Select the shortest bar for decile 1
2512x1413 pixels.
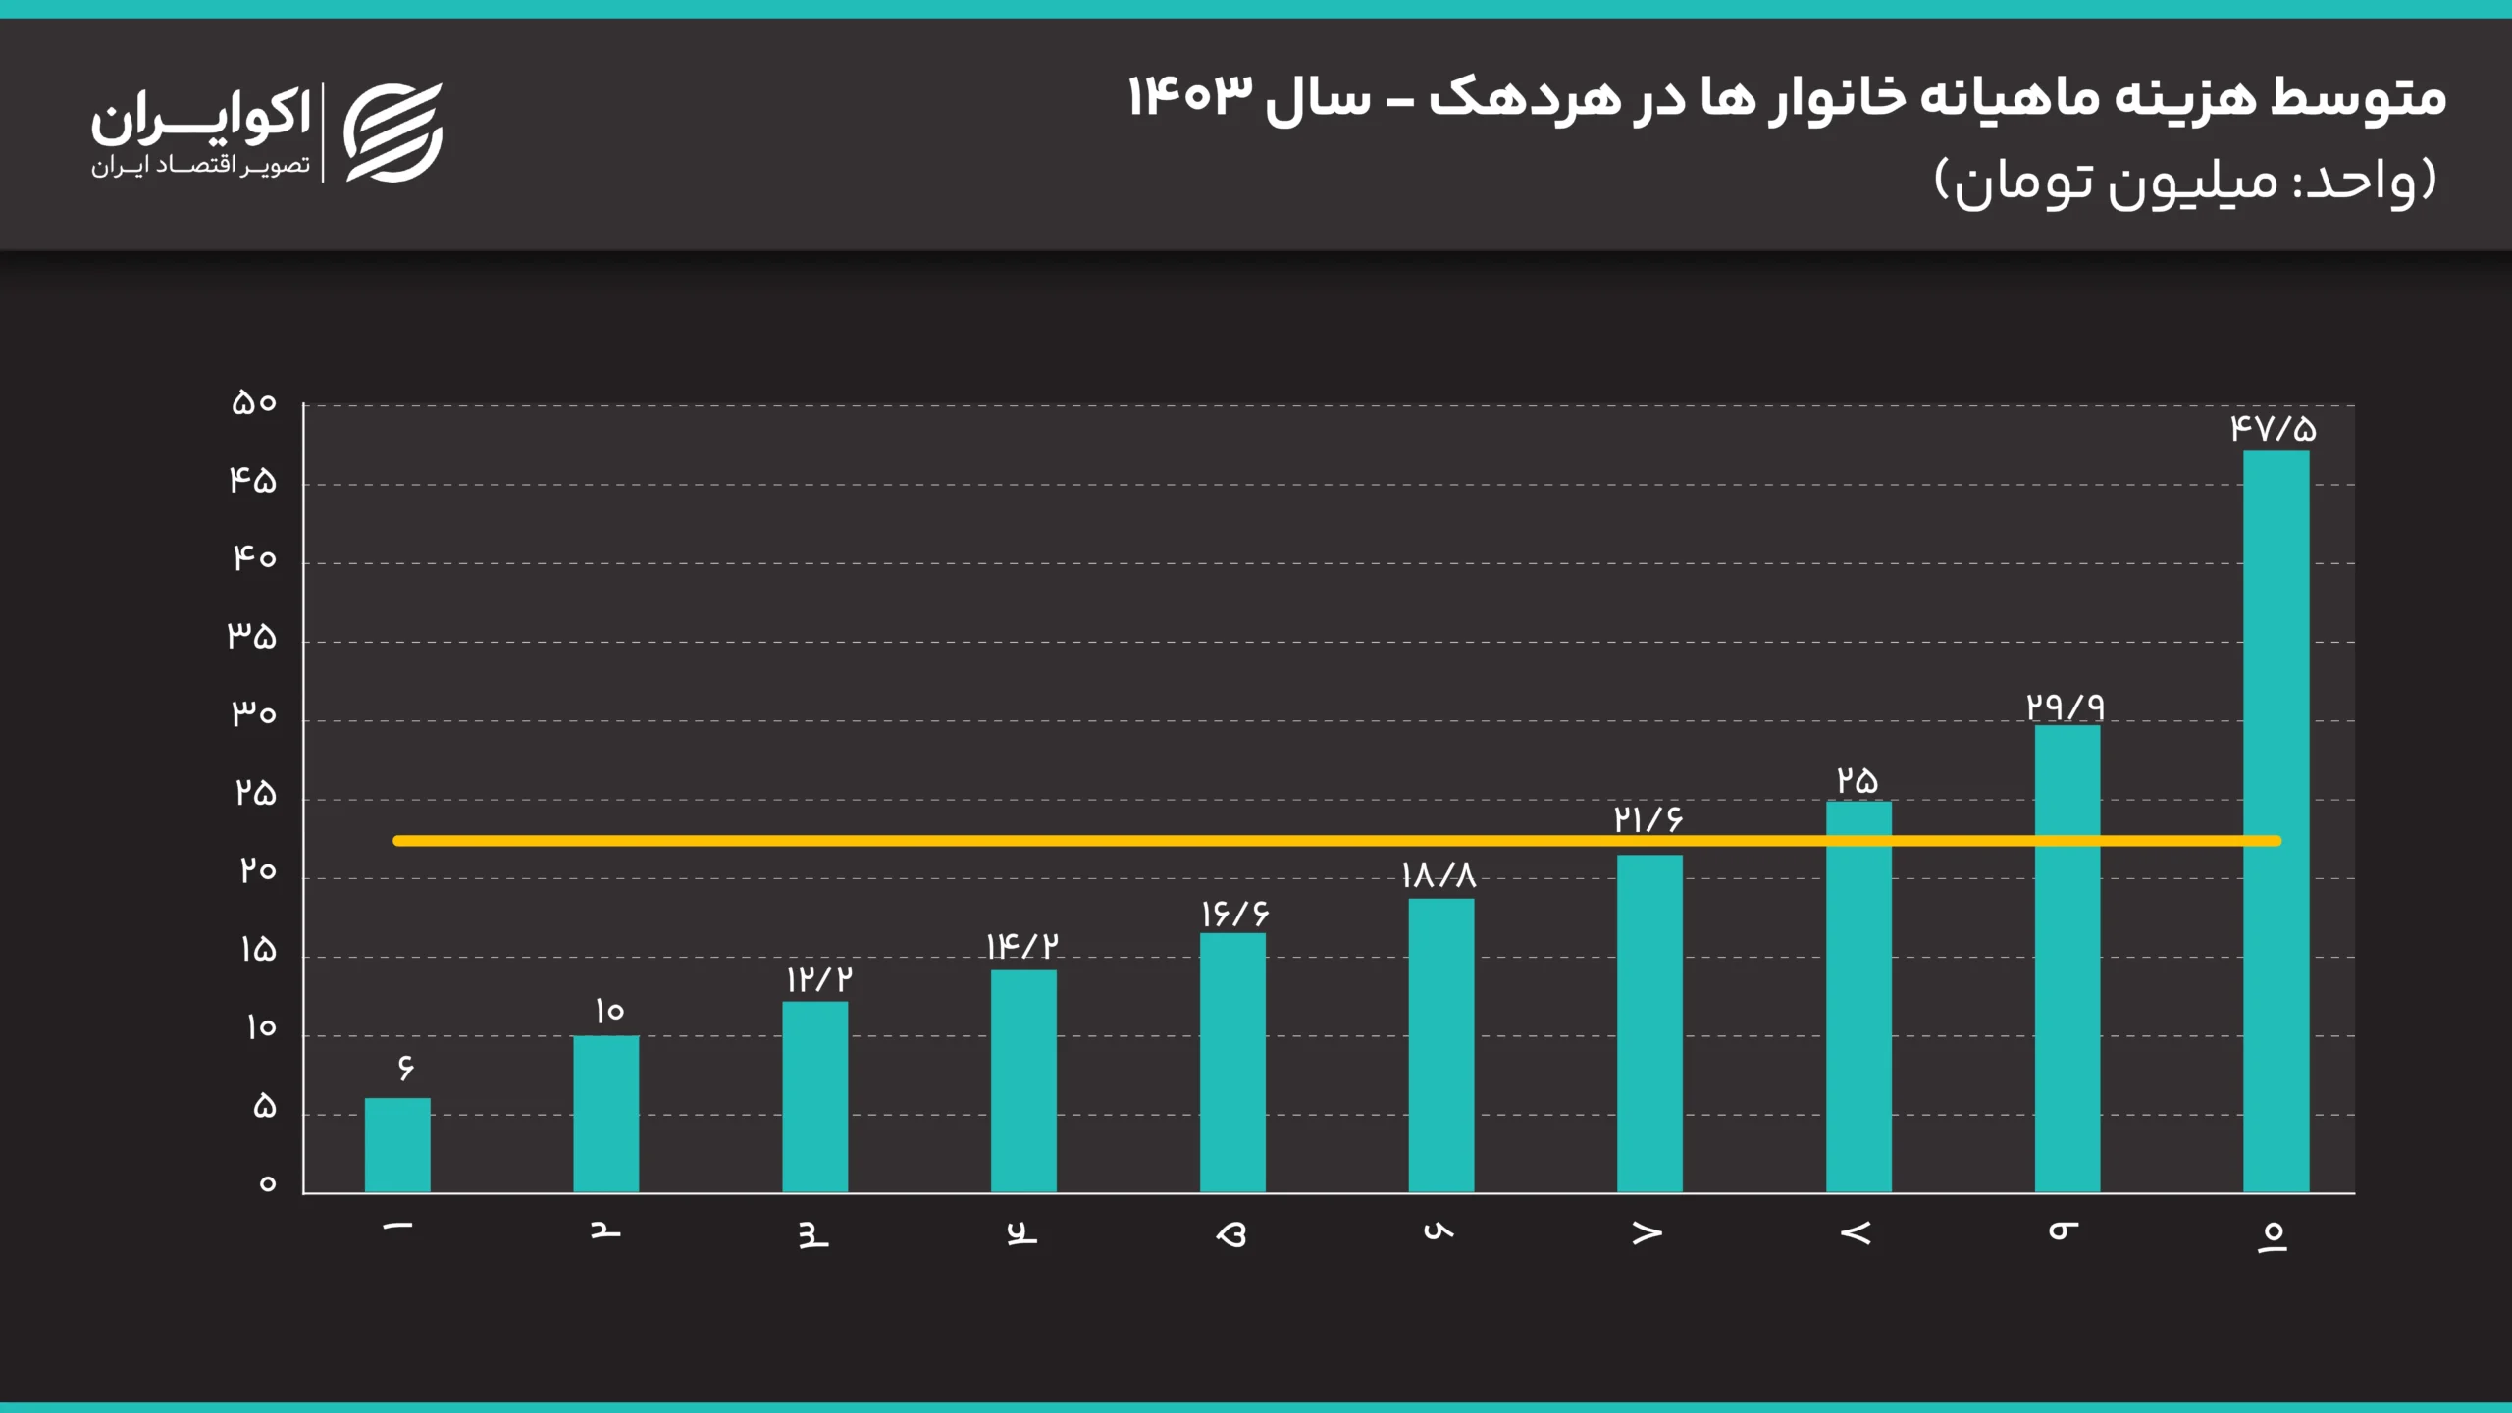click(x=397, y=1145)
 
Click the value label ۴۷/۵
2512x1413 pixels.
click(x=2273, y=429)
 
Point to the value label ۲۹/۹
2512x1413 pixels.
click(x=2066, y=706)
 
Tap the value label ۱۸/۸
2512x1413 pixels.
click(x=1438, y=875)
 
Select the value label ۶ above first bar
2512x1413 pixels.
click(x=405, y=1067)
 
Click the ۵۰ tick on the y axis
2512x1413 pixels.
click(x=254, y=403)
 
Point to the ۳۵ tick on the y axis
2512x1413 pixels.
click(x=252, y=637)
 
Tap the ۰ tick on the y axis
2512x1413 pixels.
click(x=267, y=1184)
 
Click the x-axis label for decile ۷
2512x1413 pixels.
click(x=1648, y=1234)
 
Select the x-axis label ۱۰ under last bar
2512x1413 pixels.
click(x=2273, y=1236)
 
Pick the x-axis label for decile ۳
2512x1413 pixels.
click(x=813, y=1236)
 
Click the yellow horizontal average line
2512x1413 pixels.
click(x=1079, y=841)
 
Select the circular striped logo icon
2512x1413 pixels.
click(x=393, y=132)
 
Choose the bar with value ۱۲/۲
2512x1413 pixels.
click(x=814, y=1097)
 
